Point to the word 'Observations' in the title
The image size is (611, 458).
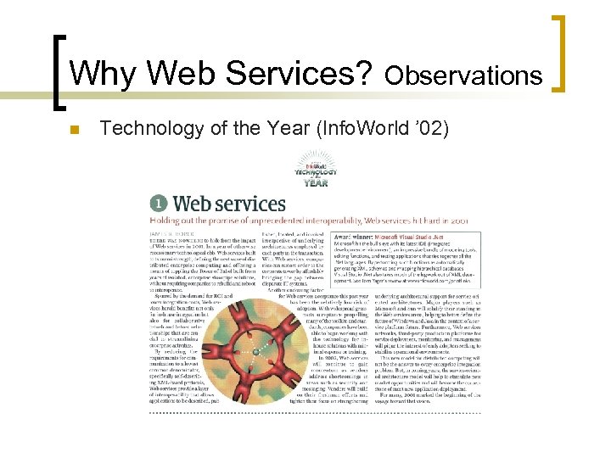click(463, 76)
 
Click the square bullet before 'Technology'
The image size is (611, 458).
click(74, 130)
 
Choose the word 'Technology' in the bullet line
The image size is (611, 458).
click(154, 128)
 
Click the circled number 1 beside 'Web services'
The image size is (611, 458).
click(159, 204)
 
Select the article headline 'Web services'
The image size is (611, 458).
click(229, 204)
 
